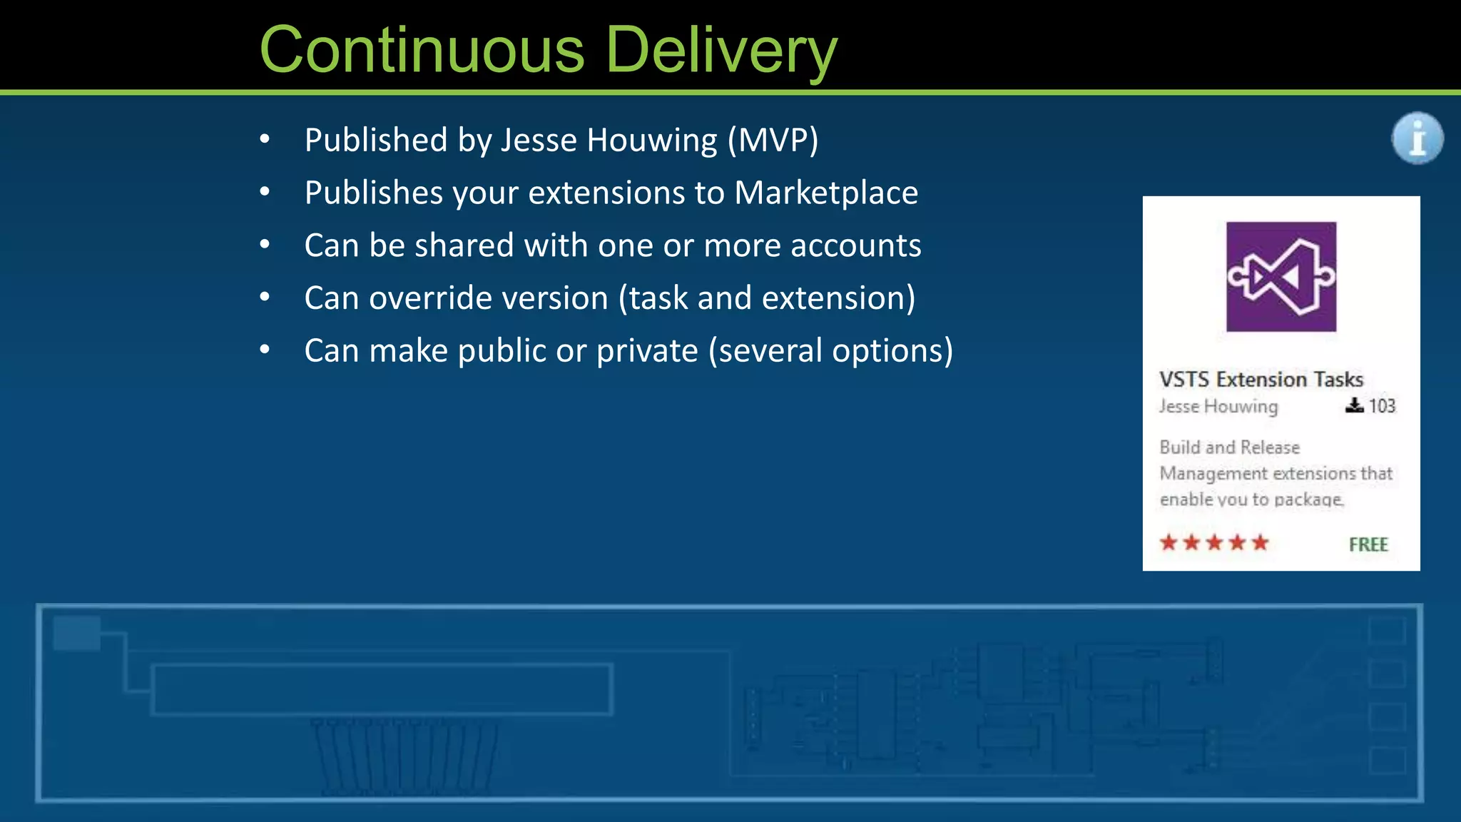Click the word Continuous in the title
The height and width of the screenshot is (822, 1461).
(x=422, y=50)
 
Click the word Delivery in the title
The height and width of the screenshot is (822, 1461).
(x=721, y=50)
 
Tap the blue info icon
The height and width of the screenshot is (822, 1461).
(x=1417, y=138)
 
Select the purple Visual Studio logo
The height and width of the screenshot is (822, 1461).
(x=1281, y=277)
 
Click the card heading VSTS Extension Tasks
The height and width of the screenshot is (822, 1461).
(x=1261, y=379)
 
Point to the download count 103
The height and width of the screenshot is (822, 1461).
(x=1382, y=406)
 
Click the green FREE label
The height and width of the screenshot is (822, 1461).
(x=1368, y=544)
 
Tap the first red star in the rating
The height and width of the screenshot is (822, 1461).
(x=1169, y=543)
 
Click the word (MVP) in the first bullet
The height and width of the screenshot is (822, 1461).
(x=773, y=140)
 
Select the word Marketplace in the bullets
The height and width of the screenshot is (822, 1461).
(x=826, y=193)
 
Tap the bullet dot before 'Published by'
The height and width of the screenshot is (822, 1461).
(x=265, y=140)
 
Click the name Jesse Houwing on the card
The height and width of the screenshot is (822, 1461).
(x=1218, y=406)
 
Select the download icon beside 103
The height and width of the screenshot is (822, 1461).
(x=1353, y=405)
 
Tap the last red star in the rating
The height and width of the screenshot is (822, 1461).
(x=1261, y=543)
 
